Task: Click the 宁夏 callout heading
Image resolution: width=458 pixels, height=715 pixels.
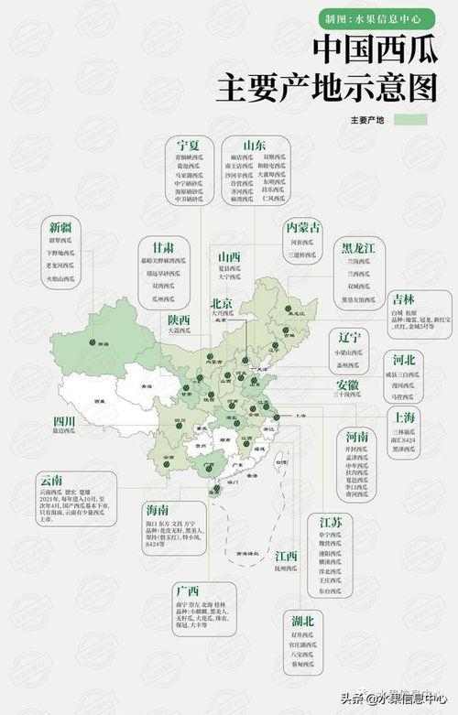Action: tap(188, 146)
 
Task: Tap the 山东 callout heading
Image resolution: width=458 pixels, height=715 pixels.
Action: tap(254, 146)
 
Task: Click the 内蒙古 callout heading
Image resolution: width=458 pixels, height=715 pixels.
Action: tap(303, 226)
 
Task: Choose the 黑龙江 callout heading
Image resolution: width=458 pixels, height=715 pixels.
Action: tap(359, 247)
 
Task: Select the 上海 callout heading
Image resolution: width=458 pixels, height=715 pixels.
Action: tap(404, 417)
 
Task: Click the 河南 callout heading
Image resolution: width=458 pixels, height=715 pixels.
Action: tap(356, 437)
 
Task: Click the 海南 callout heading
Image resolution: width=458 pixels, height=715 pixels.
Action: tap(157, 508)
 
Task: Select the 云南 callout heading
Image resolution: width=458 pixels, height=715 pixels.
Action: tap(51, 479)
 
